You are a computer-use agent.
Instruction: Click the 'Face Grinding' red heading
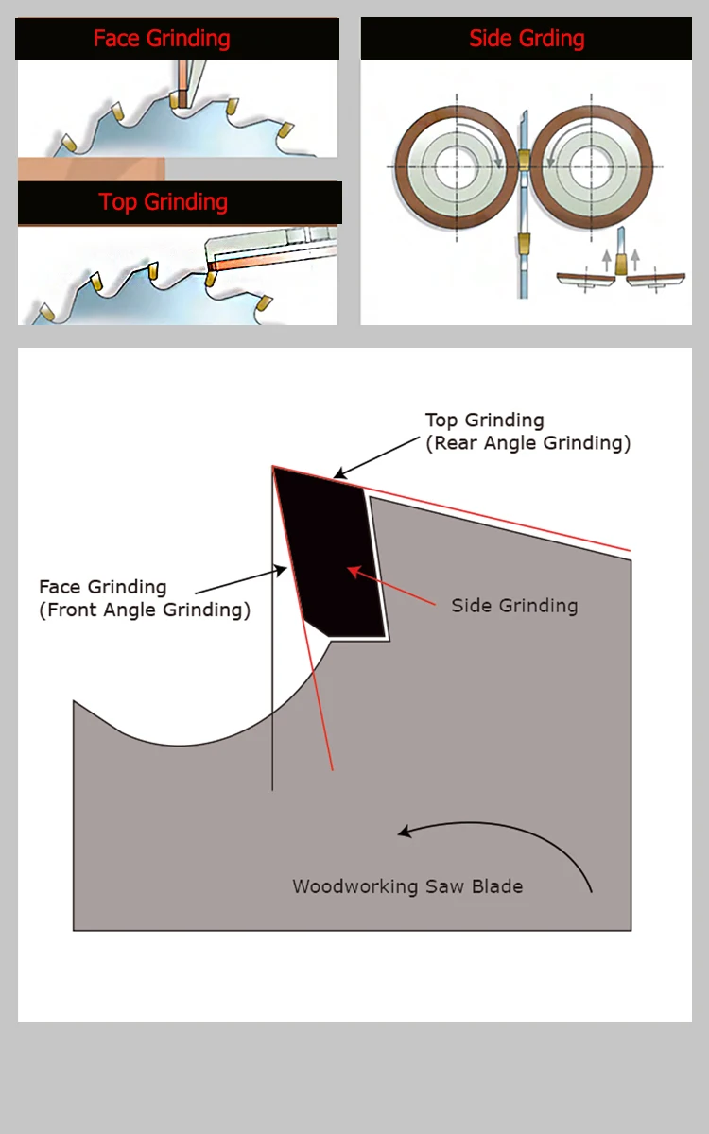pos(162,39)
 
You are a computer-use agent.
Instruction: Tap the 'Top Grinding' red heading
pos(164,202)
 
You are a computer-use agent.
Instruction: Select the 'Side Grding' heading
pos(527,39)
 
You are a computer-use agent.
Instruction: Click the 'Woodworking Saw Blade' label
pos(407,886)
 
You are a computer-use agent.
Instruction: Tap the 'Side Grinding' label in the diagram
pos(514,606)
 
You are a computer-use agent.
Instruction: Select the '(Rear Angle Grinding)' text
pos(527,443)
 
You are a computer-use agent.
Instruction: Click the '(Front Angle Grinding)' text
pos(145,610)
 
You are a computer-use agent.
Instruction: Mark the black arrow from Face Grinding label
pos(242,579)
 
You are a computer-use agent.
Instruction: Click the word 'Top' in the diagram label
pos(441,421)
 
